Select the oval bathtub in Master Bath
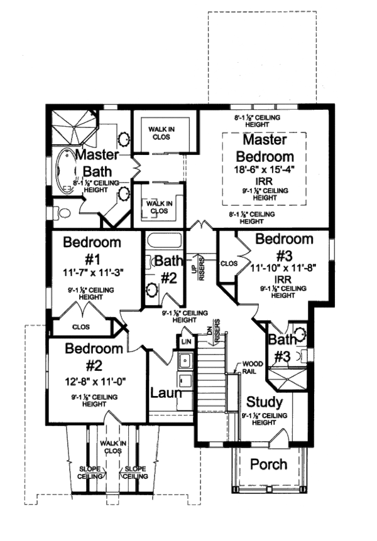coord(65,169)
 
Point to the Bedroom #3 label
coord(284,247)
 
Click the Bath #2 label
coord(168,269)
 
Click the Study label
coord(264,402)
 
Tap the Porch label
coord(269,465)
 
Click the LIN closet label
coord(186,341)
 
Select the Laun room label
coord(166,394)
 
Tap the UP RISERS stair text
coord(198,268)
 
